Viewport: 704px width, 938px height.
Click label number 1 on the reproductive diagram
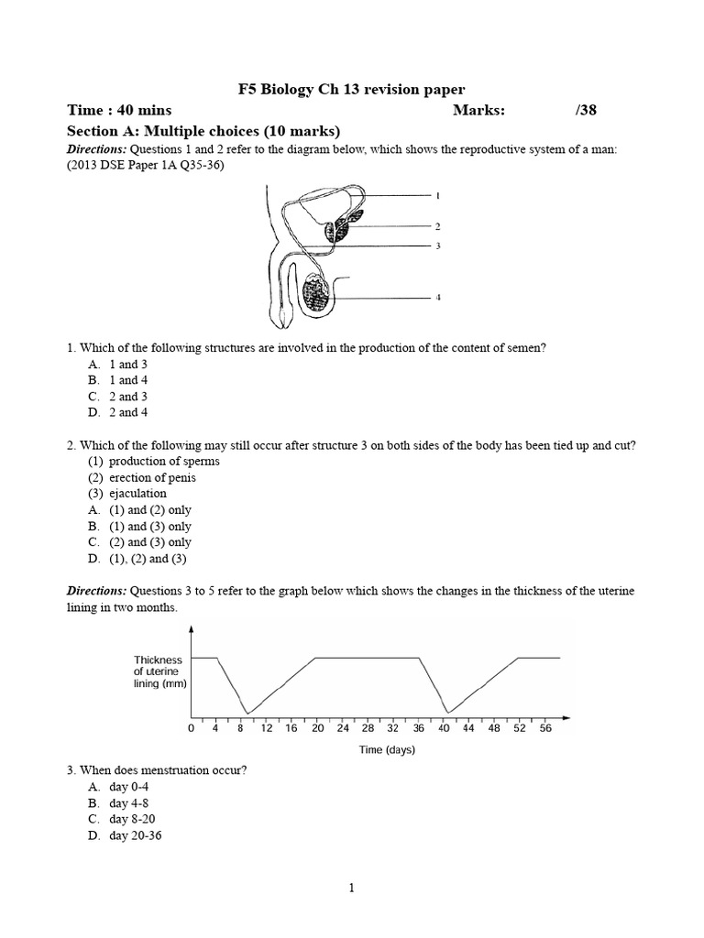[438, 195]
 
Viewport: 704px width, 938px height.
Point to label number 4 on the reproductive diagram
[438, 298]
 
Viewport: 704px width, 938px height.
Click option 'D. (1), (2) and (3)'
[138, 559]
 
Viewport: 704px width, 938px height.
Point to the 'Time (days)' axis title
[387, 749]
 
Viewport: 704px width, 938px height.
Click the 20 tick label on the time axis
[316, 729]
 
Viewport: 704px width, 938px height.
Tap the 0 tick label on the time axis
[191, 729]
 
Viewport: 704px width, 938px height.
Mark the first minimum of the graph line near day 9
[246, 713]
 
